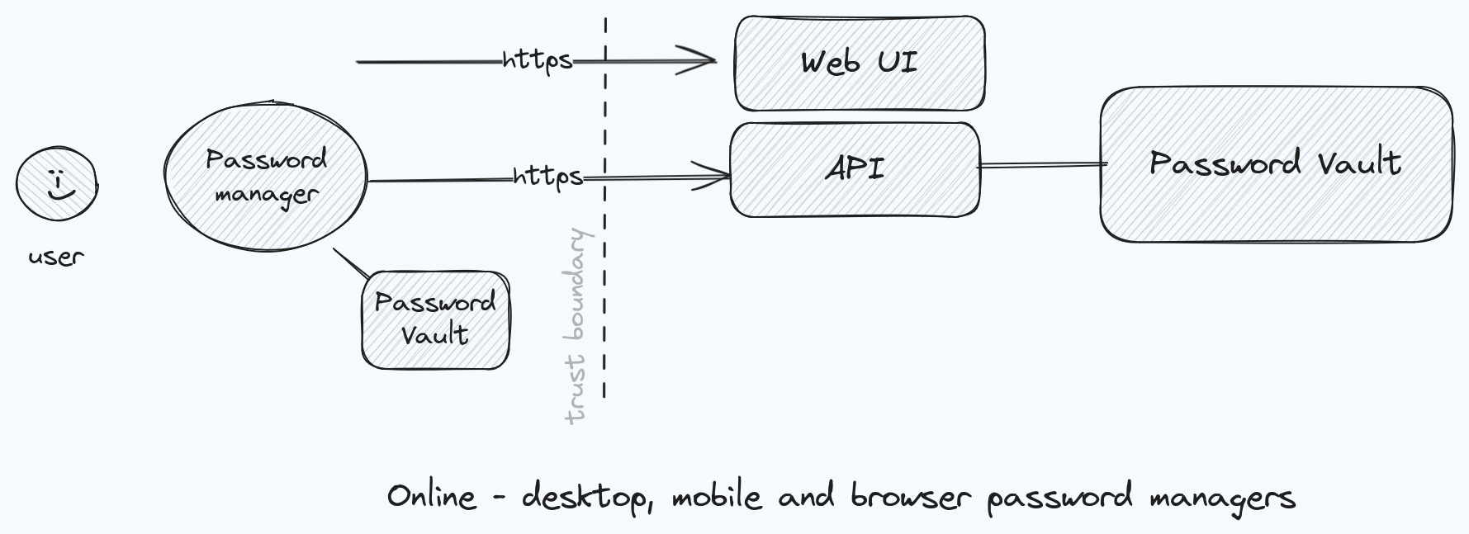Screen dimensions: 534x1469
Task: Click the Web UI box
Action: (x=859, y=63)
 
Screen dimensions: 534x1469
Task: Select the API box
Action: (x=855, y=169)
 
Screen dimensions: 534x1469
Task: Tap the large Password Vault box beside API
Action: (x=1276, y=163)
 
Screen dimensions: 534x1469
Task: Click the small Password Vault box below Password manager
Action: (x=435, y=319)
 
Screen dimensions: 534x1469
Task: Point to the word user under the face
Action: (x=56, y=257)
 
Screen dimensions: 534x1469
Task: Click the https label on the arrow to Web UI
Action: (x=537, y=60)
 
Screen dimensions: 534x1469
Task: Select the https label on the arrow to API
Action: (x=547, y=177)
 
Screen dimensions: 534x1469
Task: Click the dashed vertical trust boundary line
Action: (x=605, y=248)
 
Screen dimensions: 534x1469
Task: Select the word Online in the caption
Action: (x=431, y=497)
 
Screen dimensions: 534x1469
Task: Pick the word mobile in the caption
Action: (x=716, y=497)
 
